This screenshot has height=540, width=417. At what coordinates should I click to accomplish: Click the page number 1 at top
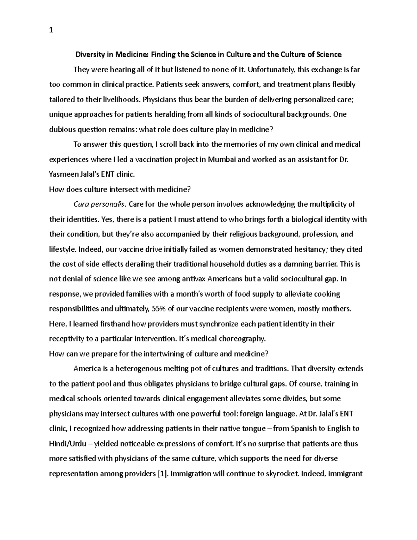(51, 30)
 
